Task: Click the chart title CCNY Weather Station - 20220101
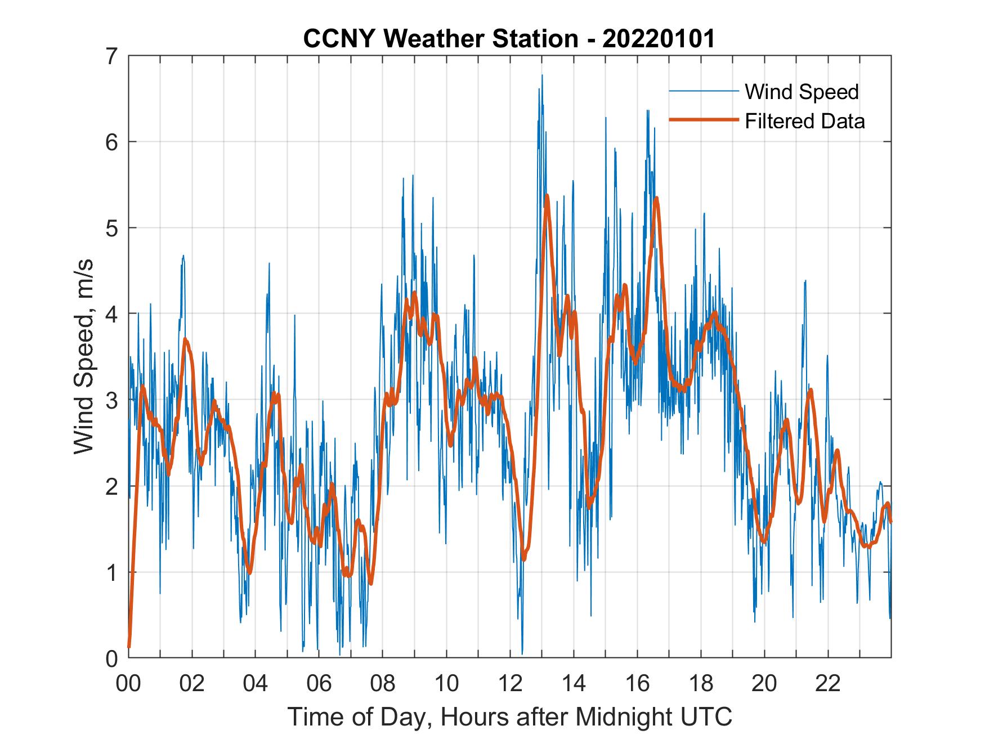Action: pos(509,39)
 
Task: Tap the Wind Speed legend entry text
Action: pos(802,92)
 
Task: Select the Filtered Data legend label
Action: pos(805,121)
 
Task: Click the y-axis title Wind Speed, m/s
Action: pos(84,357)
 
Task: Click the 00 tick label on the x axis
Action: pos(128,684)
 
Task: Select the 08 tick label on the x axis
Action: pos(383,684)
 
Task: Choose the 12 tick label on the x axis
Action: pos(510,684)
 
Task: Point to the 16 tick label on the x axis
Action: pos(637,684)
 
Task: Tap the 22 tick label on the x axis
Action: pos(828,684)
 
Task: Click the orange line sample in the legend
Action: pos(703,120)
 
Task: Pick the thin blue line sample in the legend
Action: pos(703,91)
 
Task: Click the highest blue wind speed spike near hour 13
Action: pos(542,75)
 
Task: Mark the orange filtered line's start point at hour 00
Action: pos(129,647)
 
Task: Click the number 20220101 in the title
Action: pos(659,39)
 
